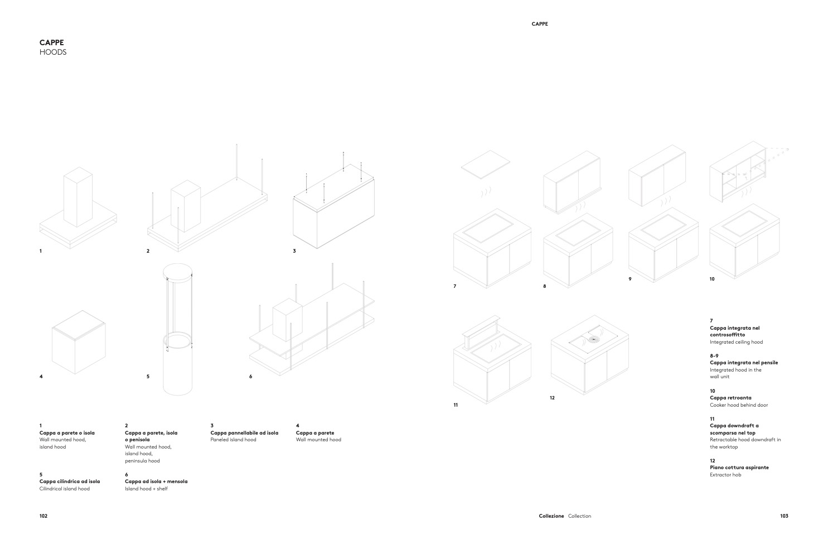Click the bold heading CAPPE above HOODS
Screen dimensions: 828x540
click(x=52, y=42)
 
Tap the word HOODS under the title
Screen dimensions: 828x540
click(x=53, y=52)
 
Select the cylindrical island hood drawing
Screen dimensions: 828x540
click(x=177, y=329)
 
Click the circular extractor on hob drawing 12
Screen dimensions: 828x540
click(x=594, y=339)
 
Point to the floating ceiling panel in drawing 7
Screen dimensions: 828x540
click(x=485, y=164)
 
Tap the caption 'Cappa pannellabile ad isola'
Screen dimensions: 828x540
click(x=244, y=433)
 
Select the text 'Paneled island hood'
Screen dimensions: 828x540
click(x=233, y=440)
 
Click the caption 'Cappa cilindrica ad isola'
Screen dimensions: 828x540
click(x=70, y=481)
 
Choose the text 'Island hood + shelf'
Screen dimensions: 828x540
click(x=147, y=489)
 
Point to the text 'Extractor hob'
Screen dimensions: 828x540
click(x=725, y=475)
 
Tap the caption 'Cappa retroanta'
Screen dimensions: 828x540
click(x=731, y=398)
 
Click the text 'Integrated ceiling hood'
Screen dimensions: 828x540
click(x=737, y=342)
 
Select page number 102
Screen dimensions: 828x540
click(x=43, y=516)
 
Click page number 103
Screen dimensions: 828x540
click(x=784, y=516)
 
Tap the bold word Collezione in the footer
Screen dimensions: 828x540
click(x=551, y=516)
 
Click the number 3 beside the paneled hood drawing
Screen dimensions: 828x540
click(x=294, y=251)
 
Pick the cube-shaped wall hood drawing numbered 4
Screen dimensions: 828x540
click(x=79, y=342)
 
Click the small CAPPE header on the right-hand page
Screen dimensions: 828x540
click(x=540, y=24)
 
